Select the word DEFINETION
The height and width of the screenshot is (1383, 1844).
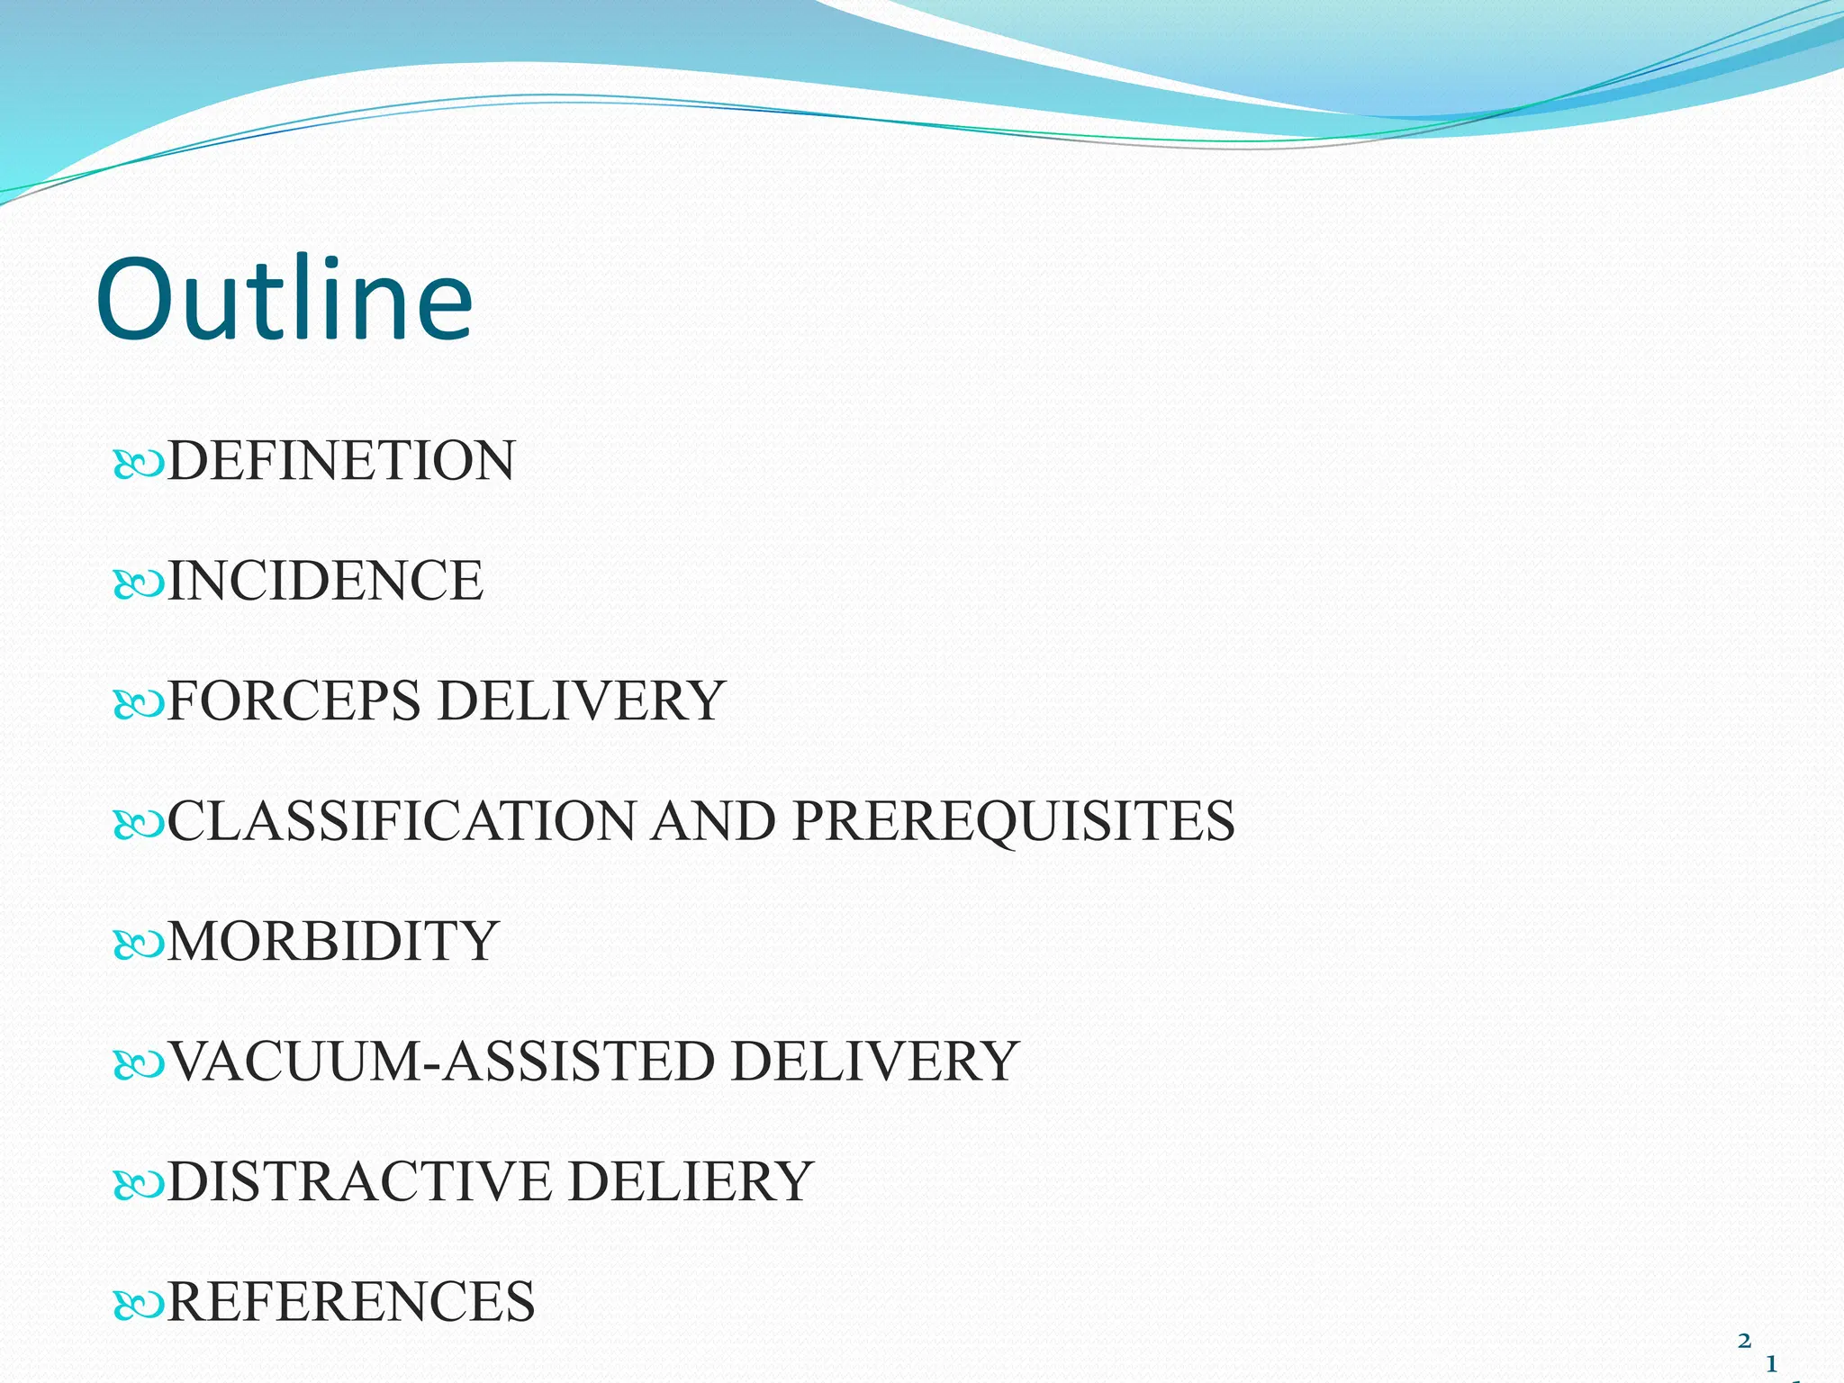click(341, 461)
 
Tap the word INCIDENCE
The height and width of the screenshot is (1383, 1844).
click(325, 581)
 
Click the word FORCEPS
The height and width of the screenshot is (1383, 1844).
click(294, 701)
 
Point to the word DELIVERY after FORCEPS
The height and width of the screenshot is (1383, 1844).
click(582, 701)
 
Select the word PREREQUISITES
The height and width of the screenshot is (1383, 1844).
click(1014, 821)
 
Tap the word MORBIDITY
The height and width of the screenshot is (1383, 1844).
click(332, 941)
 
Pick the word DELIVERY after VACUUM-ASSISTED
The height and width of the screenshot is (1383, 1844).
click(874, 1061)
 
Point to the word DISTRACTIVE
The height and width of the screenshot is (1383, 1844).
click(359, 1181)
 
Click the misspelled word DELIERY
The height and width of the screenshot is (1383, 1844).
click(691, 1181)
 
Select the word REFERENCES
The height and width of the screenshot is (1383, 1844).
click(351, 1301)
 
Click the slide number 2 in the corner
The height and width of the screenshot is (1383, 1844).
click(1744, 1342)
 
